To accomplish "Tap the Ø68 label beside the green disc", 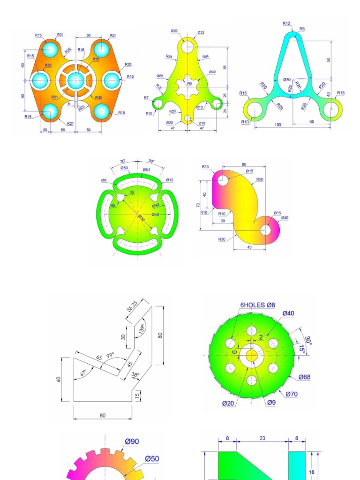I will [x=304, y=377].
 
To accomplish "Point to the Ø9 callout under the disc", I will [x=271, y=403].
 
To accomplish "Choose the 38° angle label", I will [x=136, y=375].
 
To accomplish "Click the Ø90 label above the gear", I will [x=132, y=442].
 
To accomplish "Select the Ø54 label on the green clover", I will [x=146, y=169].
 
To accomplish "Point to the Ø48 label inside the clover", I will [x=155, y=215].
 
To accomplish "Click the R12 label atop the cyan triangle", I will [x=286, y=23].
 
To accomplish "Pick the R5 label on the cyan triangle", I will [x=302, y=29].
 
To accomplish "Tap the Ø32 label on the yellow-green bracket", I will [x=201, y=32].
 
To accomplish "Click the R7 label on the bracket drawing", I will [x=146, y=97].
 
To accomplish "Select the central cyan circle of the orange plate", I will [x=76, y=81].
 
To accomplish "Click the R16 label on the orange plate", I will [x=81, y=50].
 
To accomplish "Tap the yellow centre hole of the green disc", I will [x=252, y=355].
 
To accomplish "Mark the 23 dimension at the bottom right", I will [x=262, y=438].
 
